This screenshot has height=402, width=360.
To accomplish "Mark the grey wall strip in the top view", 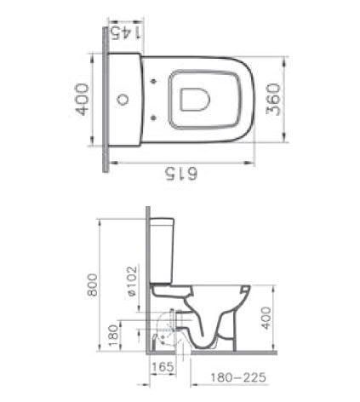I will pos(104,102).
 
